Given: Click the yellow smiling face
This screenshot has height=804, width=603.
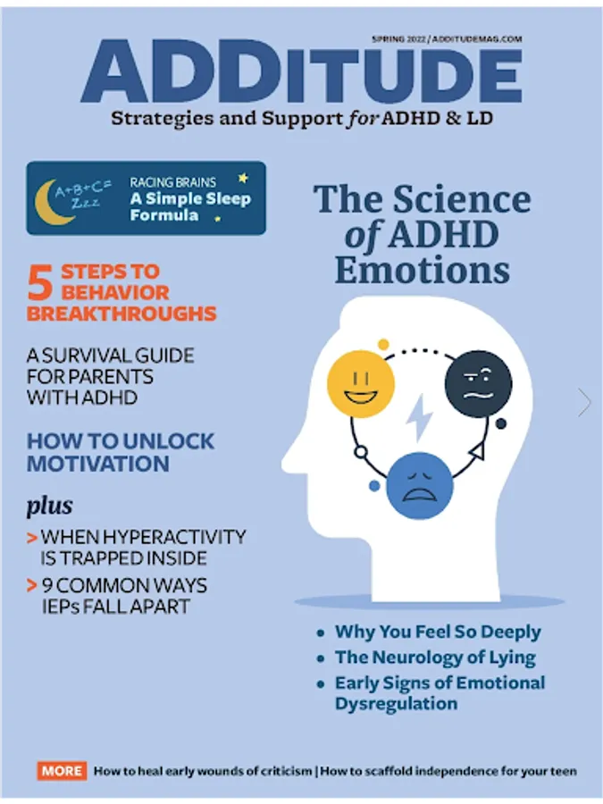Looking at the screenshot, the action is (361, 383).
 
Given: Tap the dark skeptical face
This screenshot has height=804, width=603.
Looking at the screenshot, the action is (478, 383).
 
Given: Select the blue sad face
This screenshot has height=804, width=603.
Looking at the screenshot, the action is (420, 486).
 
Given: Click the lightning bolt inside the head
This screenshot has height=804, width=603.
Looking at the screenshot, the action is (420, 417).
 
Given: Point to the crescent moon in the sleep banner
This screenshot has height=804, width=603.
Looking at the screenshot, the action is (49, 203).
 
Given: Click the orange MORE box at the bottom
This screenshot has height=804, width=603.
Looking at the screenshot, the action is (62, 771).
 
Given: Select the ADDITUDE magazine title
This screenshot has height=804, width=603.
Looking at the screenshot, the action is (302, 71).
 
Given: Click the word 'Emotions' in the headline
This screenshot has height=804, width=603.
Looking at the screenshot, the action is (423, 270).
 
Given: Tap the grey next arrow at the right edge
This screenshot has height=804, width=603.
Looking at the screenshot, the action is (584, 402).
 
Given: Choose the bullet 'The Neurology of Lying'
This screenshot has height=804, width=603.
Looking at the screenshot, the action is (435, 657).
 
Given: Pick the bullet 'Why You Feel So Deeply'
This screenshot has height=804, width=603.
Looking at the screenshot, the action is (438, 632).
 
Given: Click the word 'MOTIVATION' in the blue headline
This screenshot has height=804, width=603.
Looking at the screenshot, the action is (98, 464).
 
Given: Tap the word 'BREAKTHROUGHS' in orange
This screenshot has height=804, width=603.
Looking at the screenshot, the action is (121, 314).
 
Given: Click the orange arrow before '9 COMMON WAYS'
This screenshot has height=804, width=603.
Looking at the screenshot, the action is (32, 585).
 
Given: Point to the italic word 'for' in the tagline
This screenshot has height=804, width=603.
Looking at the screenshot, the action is (363, 119).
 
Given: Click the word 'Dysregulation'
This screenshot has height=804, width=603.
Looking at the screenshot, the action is (396, 704).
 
